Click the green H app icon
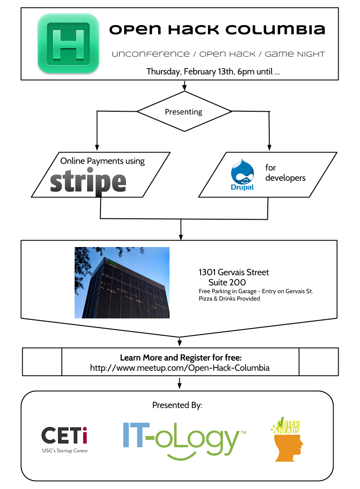click(x=68, y=44)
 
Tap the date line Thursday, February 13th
click(x=213, y=72)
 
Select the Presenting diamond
click(x=184, y=111)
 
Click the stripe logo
click(x=88, y=181)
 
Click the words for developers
click(x=285, y=173)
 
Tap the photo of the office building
click(x=122, y=283)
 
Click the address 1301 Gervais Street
click(x=234, y=272)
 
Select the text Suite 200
click(x=227, y=283)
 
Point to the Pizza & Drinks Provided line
click(x=229, y=299)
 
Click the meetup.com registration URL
click(x=180, y=368)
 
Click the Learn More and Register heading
click(x=181, y=358)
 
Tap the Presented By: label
click(x=177, y=405)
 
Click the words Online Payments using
click(x=102, y=161)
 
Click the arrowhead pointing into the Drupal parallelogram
click(x=269, y=148)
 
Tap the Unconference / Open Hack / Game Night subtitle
click(x=218, y=54)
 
